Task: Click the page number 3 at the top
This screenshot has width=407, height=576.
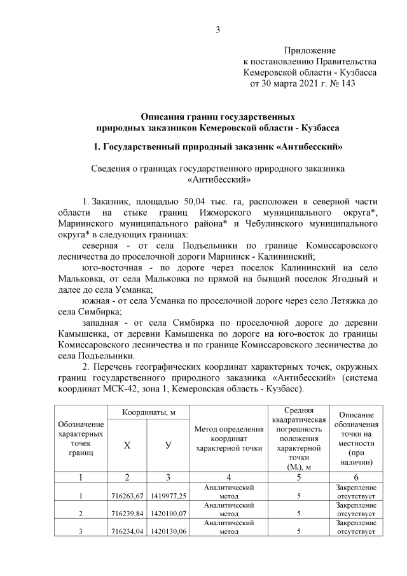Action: [x=217, y=29]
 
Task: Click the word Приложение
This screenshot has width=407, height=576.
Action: [x=310, y=50]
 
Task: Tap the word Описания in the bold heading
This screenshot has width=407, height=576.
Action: [x=167, y=117]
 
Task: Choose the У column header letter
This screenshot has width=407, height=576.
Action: [x=168, y=446]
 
